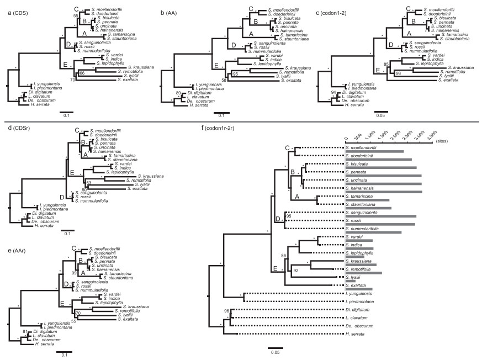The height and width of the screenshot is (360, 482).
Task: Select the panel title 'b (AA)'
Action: click(169, 4)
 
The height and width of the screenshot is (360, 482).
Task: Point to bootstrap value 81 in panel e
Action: click(24, 331)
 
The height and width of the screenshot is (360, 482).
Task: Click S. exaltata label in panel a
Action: click(127, 80)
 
